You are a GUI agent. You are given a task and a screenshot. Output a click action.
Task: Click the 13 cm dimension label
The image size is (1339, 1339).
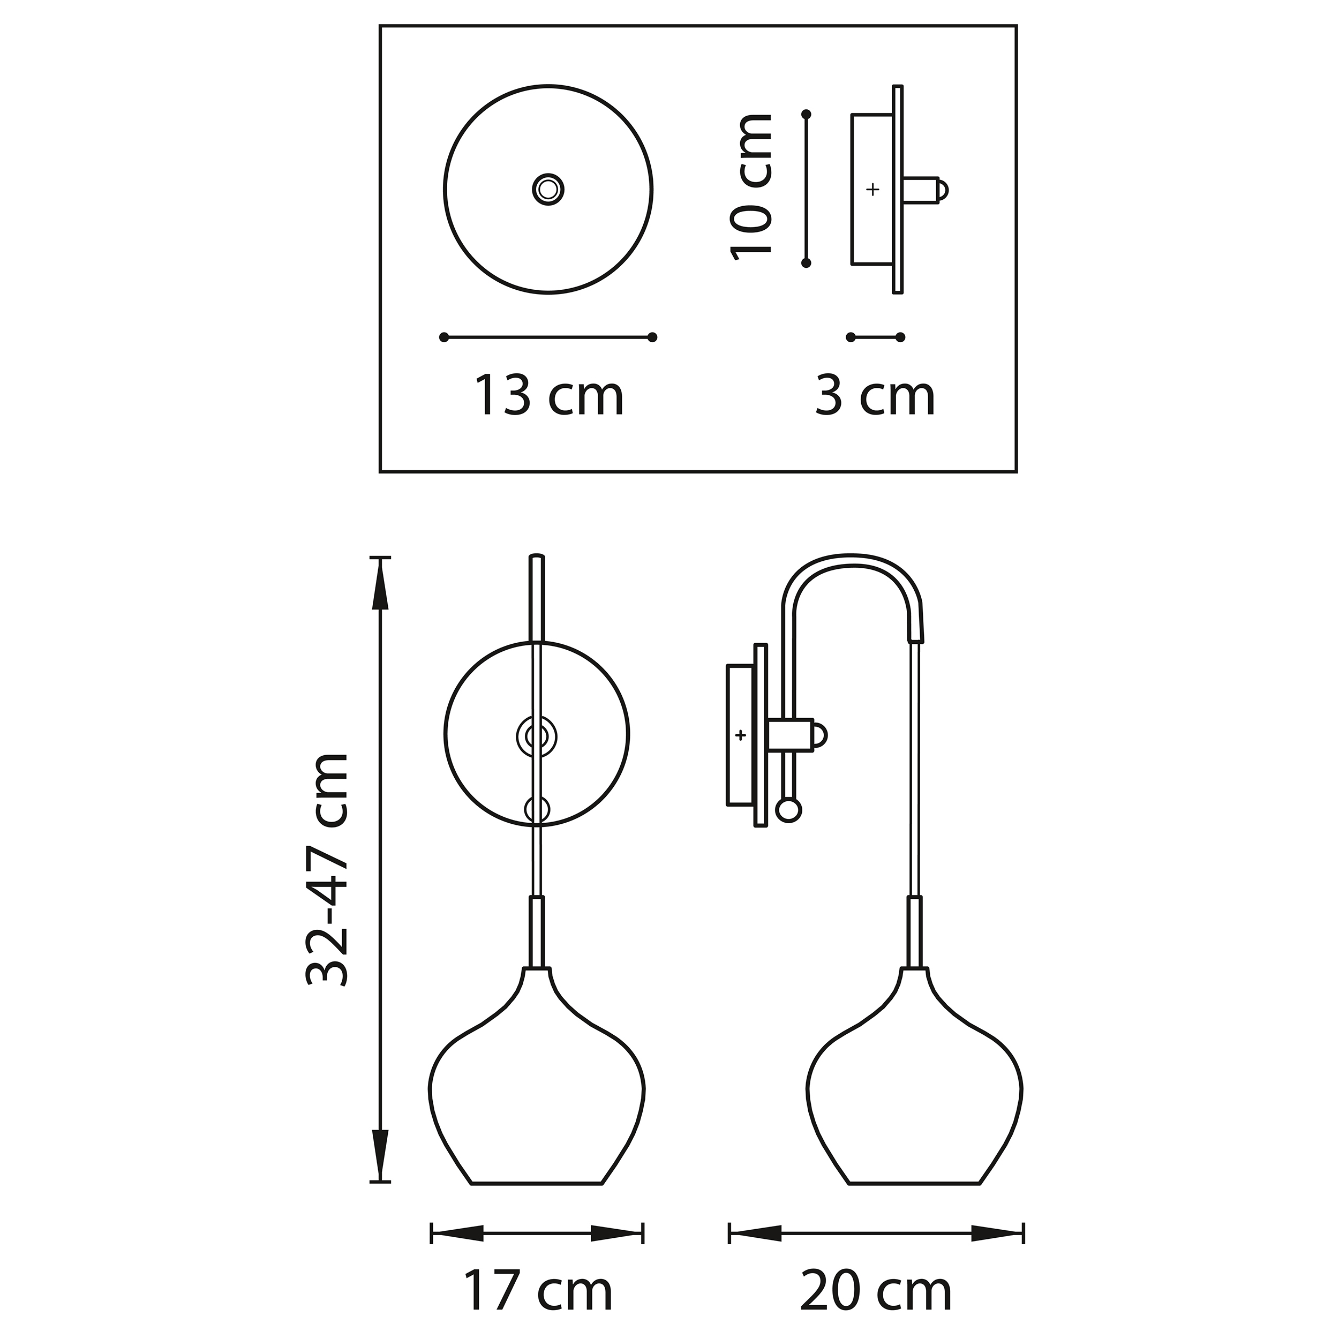548,396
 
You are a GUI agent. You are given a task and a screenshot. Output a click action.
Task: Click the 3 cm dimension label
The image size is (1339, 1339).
874,396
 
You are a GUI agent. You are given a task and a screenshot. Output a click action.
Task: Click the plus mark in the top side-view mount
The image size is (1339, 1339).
872,189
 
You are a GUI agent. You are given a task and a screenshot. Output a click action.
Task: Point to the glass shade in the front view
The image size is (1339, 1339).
537,1102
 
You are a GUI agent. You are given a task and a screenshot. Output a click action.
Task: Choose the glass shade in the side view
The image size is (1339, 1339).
915,1102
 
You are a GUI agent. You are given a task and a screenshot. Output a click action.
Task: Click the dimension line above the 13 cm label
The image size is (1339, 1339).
547,337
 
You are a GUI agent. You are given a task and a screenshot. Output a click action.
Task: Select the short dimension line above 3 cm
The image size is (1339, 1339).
875,337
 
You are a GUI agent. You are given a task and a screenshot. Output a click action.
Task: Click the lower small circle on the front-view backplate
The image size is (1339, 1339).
537,809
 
